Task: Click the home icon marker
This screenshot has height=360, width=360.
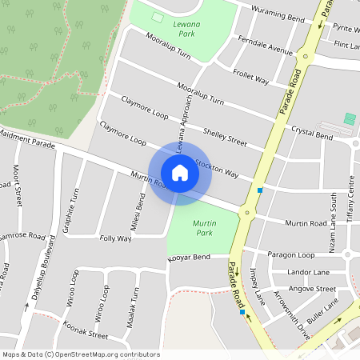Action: coord(180,172)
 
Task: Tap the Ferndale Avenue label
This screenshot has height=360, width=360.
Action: coord(266,49)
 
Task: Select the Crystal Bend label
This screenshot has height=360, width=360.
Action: coord(311,135)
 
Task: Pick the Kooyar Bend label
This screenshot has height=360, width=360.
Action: coord(190,257)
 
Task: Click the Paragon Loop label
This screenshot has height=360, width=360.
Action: coord(291,254)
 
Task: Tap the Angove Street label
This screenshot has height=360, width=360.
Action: coord(312,288)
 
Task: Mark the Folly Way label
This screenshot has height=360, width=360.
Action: coord(115,238)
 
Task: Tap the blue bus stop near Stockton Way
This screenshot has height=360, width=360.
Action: coord(260,190)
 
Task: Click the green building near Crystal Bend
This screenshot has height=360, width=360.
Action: coord(349,118)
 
